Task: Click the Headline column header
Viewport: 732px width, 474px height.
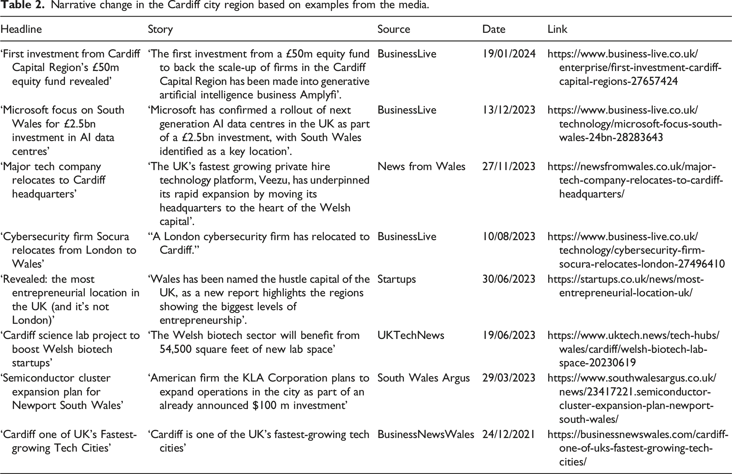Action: (x=21, y=29)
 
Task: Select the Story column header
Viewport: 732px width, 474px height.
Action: (x=160, y=29)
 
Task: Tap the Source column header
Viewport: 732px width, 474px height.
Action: (x=394, y=29)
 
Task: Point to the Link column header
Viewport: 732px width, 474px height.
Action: (x=557, y=29)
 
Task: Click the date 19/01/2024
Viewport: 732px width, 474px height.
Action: (x=509, y=54)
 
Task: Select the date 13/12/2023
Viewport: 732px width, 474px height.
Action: (x=509, y=110)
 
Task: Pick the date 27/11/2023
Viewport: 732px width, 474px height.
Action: (x=509, y=166)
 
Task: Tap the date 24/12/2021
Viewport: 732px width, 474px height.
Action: (x=508, y=435)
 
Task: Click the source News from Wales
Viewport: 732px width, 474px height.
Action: (x=421, y=166)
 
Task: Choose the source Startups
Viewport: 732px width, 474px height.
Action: (x=396, y=279)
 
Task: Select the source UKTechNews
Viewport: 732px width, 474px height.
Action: (x=411, y=335)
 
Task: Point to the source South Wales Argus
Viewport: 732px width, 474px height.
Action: (x=424, y=378)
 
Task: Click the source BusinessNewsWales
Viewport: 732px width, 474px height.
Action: (x=426, y=435)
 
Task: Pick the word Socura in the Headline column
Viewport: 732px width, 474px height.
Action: (x=113, y=237)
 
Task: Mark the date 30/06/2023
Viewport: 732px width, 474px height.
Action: (x=509, y=279)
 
